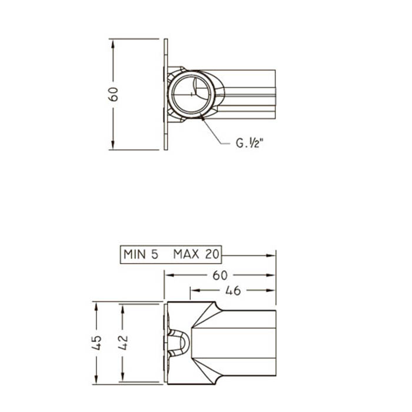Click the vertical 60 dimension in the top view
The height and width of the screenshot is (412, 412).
coord(113,94)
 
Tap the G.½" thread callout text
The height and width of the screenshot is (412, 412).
coord(249,144)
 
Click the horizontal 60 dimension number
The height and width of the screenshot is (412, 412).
coord(220,275)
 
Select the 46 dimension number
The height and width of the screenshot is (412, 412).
coord(233,291)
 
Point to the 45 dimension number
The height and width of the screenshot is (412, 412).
coord(97,343)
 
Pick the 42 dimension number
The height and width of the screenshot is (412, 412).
coord(122,343)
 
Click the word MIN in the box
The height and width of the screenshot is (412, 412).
coord(135,254)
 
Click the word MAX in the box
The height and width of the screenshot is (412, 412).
coord(186,254)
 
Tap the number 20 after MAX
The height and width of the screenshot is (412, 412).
coord(212,254)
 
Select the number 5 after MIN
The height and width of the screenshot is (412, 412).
coord(155,254)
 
